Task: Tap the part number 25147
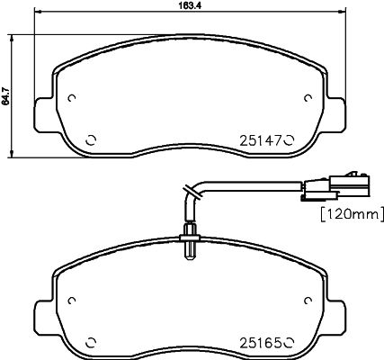tap(260, 140)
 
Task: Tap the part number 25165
tap(260, 342)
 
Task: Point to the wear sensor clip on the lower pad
tap(191, 241)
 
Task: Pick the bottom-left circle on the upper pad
tap(91, 140)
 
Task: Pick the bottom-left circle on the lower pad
tap(91, 342)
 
